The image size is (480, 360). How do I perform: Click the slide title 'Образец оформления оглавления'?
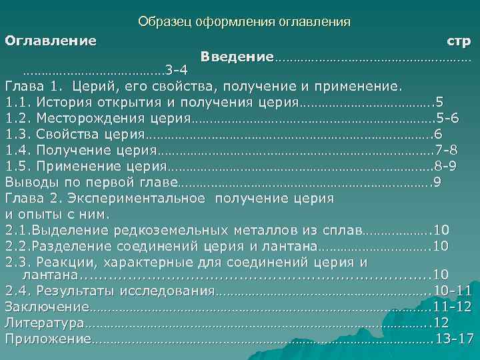[244, 22]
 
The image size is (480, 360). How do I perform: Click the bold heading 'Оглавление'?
[51, 40]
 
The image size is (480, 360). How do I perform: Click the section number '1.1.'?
[19, 103]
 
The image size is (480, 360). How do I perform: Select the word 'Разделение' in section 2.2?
[77, 245]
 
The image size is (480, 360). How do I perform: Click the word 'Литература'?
[44, 323]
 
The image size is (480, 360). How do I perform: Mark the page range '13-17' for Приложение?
[453, 339]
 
